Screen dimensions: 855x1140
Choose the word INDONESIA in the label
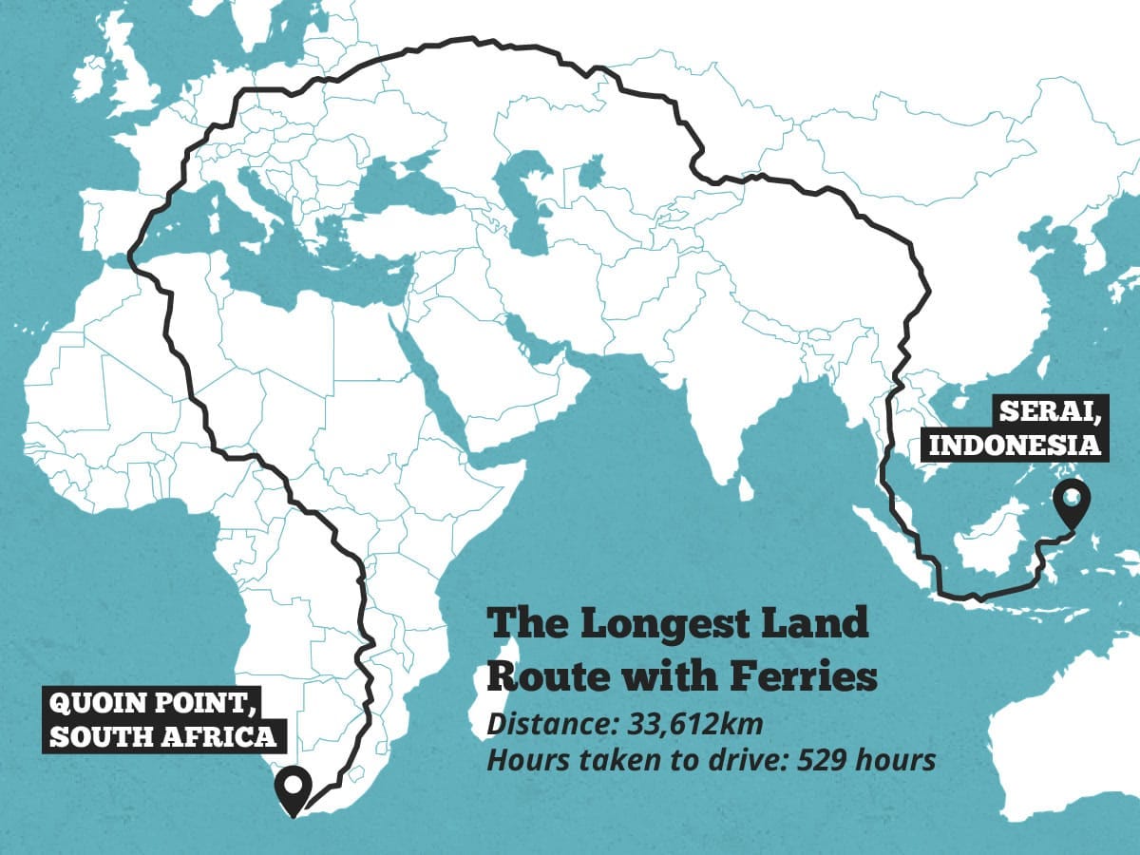(1013, 445)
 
